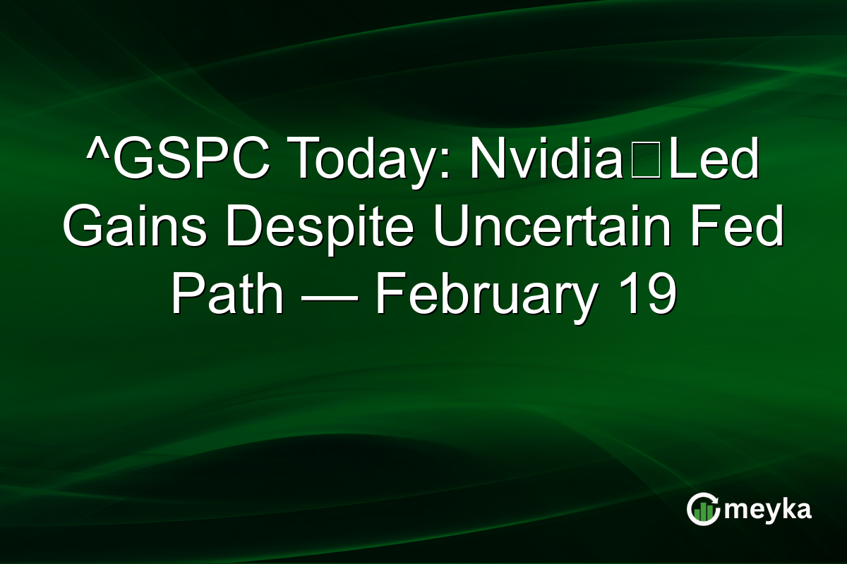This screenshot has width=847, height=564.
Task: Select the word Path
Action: click(227, 296)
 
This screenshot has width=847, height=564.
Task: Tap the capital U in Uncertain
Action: click(451, 228)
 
